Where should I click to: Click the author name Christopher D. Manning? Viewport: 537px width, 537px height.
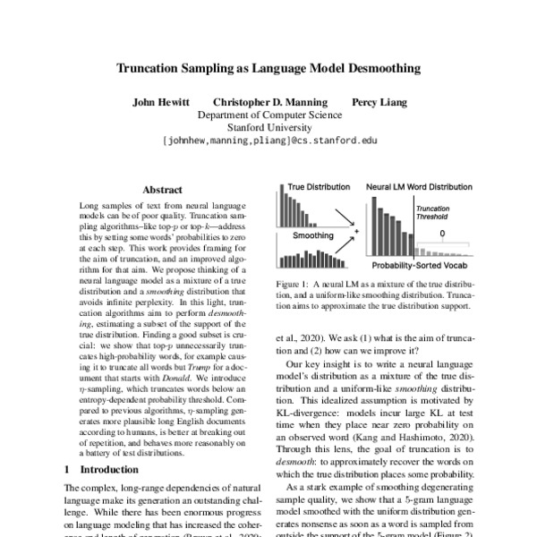point(269,102)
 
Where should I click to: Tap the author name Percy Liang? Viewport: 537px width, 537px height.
point(379,102)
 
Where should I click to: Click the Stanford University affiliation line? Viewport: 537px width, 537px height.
point(269,127)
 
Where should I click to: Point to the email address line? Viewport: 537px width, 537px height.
point(269,141)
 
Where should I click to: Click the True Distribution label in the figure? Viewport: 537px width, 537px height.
point(320,187)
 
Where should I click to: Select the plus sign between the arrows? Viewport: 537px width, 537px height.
point(355,231)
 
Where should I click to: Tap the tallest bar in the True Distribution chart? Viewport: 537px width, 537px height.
point(281,204)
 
